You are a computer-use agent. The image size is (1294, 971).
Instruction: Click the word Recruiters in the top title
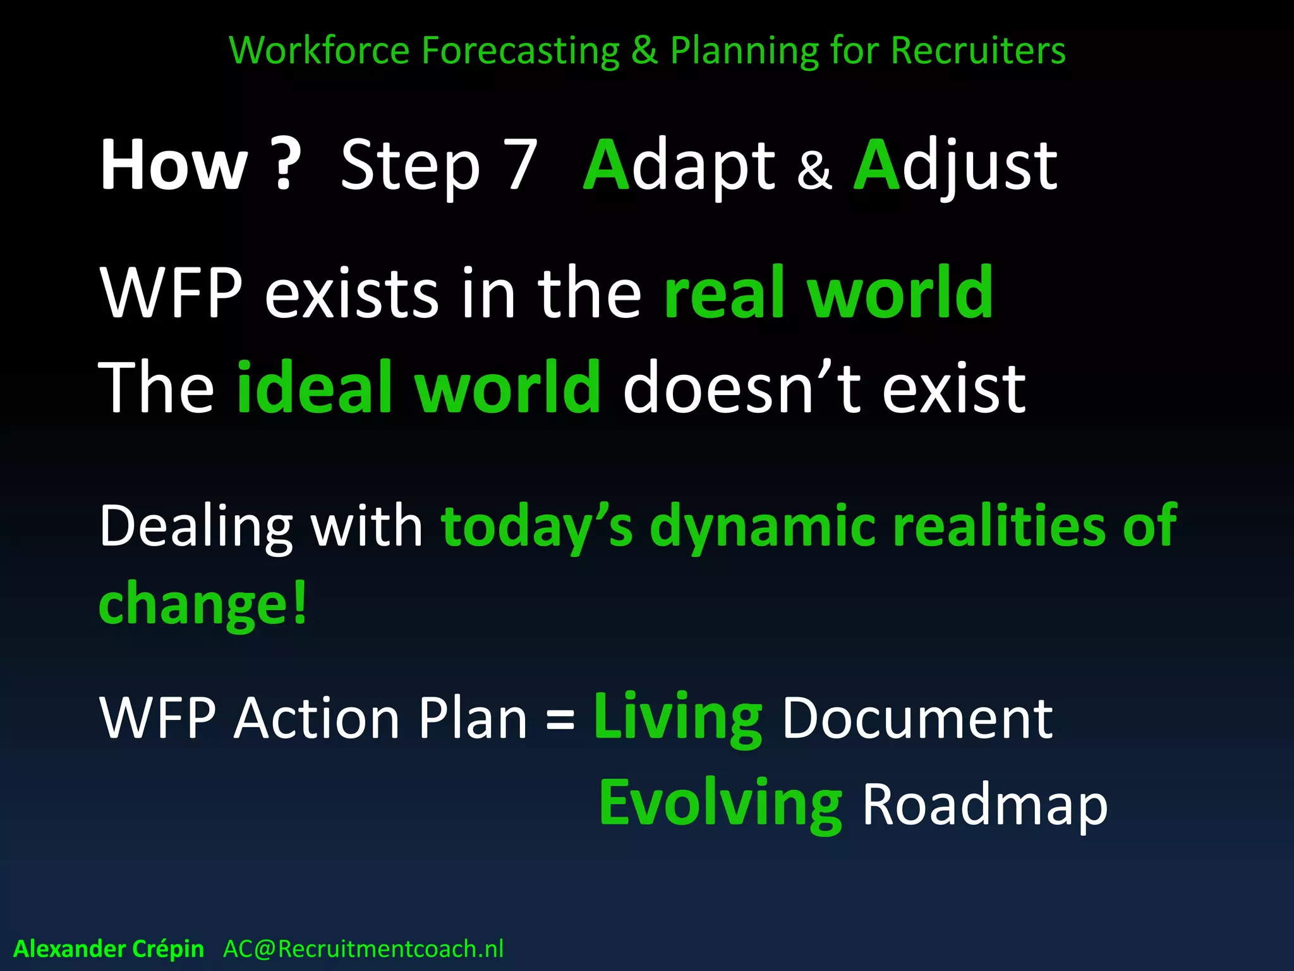tap(977, 51)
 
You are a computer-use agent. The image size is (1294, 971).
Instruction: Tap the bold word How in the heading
tap(174, 166)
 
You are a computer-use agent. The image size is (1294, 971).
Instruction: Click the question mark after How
tap(287, 166)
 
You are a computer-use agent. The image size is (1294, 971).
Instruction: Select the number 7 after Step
tap(522, 166)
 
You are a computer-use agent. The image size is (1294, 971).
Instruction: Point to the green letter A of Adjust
tap(876, 166)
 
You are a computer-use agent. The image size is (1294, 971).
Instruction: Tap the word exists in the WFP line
tap(351, 294)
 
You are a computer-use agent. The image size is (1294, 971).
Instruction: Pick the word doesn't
tap(742, 387)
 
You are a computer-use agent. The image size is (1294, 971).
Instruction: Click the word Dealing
tap(196, 526)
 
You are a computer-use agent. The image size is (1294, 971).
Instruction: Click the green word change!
tap(203, 604)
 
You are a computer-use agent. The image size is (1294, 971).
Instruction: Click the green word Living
tap(678, 718)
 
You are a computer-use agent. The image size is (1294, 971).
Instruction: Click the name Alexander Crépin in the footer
tap(109, 949)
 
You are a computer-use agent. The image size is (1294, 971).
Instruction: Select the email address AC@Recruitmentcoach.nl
tap(363, 949)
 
